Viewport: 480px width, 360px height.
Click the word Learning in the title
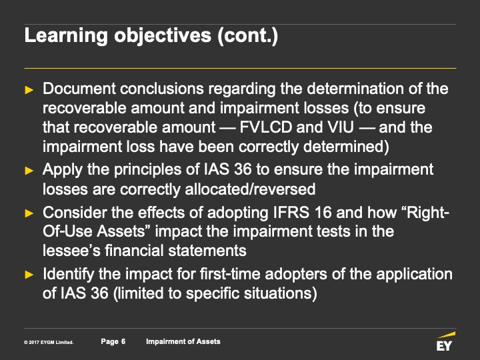[x=66, y=36]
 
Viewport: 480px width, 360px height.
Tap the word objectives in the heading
[x=163, y=36]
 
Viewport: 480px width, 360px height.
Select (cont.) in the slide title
[x=247, y=36]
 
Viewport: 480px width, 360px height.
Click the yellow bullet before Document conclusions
[x=29, y=90]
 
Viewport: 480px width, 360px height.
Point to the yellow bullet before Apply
[x=29, y=171]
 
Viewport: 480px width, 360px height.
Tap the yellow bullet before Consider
[x=29, y=213]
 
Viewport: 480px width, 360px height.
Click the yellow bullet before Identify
[x=29, y=275]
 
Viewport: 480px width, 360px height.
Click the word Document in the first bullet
[x=79, y=89]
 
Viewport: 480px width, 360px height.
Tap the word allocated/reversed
[x=250, y=189]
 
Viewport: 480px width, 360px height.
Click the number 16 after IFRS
[x=323, y=213]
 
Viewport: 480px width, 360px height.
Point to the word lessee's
[x=71, y=251]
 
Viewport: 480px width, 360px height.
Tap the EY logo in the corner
[x=445, y=341]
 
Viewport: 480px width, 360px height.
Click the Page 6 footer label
[x=113, y=341]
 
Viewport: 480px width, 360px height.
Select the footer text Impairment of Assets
[x=183, y=341]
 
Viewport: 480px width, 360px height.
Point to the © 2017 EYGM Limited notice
[x=49, y=342]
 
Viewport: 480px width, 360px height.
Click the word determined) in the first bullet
[x=346, y=147]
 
